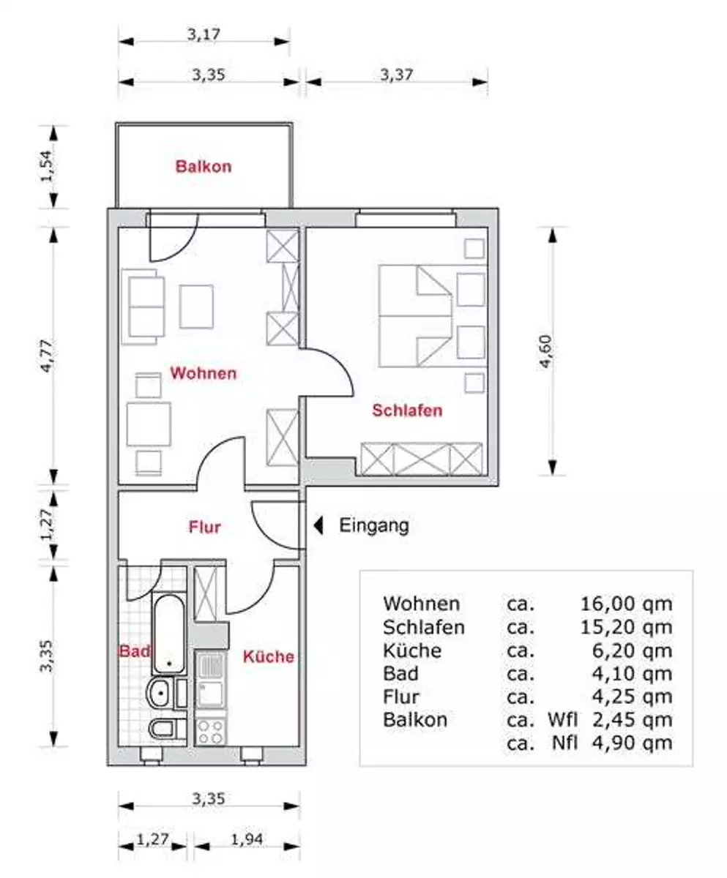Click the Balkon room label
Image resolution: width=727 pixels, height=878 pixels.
[204, 167]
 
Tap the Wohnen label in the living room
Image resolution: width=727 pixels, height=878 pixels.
[204, 373]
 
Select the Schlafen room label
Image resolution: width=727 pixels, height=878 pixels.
[407, 410]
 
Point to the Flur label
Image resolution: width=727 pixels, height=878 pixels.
[204, 527]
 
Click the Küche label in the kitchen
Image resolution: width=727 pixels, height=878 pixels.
[269, 656]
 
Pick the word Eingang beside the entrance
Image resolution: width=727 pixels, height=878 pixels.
[374, 525]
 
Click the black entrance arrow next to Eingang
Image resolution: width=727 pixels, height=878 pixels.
[318, 525]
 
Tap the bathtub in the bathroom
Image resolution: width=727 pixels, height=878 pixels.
[168, 634]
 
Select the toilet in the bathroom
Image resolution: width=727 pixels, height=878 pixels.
[168, 729]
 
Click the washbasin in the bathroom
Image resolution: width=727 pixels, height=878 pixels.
[162, 693]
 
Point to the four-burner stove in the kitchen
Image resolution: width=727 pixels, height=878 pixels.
[211, 732]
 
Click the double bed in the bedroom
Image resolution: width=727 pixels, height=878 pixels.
[415, 316]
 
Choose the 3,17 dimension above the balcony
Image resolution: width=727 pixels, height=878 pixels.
[204, 34]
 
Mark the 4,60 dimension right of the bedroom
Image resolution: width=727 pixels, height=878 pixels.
[545, 351]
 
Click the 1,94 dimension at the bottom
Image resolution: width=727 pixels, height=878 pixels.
[247, 839]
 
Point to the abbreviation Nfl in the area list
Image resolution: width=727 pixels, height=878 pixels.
[564, 743]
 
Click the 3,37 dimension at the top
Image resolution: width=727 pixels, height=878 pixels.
[397, 75]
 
